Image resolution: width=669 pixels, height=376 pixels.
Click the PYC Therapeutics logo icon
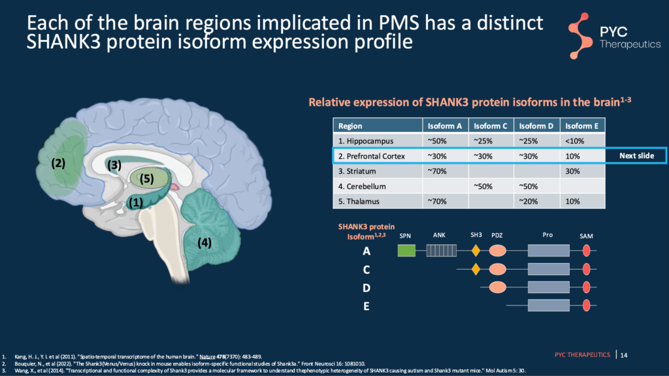pos(582,34)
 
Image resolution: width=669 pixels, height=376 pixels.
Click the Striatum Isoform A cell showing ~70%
pos(436,172)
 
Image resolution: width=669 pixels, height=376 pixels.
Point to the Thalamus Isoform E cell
pos(572,202)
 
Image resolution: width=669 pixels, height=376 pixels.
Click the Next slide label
pos(637,156)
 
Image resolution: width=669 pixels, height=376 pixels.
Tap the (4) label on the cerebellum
pos(205,243)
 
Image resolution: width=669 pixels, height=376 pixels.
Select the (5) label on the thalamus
pos(146,178)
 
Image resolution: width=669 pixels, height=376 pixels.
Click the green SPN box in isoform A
pos(406,250)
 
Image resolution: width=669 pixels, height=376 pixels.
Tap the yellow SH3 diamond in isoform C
pos(476,269)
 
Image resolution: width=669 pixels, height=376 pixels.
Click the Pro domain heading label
pos(547,234)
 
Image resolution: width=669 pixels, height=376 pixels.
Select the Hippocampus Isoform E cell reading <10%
pos(572,141)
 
